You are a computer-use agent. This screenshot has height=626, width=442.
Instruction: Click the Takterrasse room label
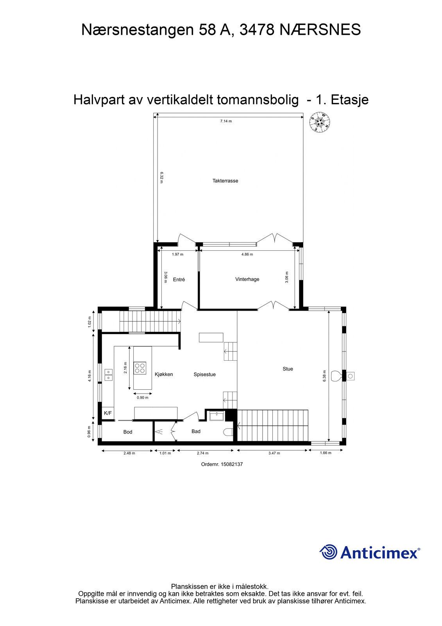[225, 181]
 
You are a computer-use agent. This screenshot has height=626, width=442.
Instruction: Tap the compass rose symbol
[320, 122]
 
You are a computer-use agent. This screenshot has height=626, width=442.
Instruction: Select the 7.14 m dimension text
[226, 121]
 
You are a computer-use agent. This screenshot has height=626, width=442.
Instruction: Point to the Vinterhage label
[247, 279]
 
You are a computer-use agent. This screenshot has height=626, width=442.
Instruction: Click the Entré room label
[179, 279]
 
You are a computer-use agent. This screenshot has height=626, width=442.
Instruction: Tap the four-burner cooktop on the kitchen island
[140, 368]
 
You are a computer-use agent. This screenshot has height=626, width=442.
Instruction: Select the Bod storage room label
[128, 432]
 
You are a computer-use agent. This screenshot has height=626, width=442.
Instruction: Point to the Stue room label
[288, 369]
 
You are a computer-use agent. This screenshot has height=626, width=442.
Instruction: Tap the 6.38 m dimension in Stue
[324, 376]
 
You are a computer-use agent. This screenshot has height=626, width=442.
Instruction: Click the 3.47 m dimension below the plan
[274, 453]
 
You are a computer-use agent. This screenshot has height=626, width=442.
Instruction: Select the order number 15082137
[222, 464]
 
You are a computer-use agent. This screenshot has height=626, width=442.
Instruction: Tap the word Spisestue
[205, 374]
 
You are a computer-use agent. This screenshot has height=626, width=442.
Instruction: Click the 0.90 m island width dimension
[142, 398]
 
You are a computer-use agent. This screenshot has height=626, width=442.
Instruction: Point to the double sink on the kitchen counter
[108, 375]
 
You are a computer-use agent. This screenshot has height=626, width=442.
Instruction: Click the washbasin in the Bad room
[217, 416]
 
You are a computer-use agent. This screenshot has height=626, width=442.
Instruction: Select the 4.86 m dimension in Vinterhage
[247, 254]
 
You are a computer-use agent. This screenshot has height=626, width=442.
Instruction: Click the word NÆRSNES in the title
[320, 30]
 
